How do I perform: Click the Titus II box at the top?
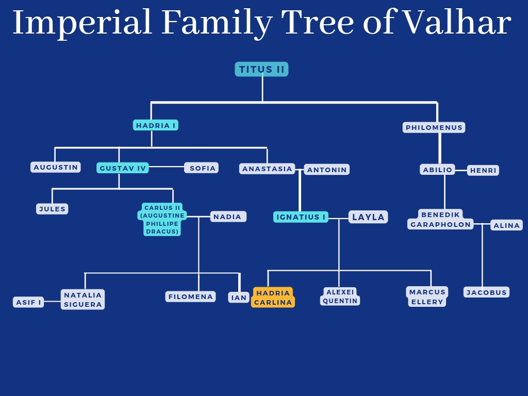point(261,69)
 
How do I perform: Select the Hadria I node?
point(155,125)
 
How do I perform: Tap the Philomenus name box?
point(434,127)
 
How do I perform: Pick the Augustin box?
point(56,167)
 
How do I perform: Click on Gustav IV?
point(123,168)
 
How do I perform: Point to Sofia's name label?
point(202,168)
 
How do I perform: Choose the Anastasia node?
point(267,169)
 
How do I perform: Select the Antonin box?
point(327,170)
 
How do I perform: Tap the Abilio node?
point(437,170)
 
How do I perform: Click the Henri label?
point(483,170)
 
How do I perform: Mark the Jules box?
point(52,209)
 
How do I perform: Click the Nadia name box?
point(227,217)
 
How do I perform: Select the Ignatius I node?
point(301,217)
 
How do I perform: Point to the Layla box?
point(368,217)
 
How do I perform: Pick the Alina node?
point(506,225)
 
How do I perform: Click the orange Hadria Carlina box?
point(273,298)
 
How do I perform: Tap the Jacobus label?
point(486,292)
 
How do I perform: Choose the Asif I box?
point(28,302)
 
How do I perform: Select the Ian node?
point(239,298)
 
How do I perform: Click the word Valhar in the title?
point(456,23)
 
